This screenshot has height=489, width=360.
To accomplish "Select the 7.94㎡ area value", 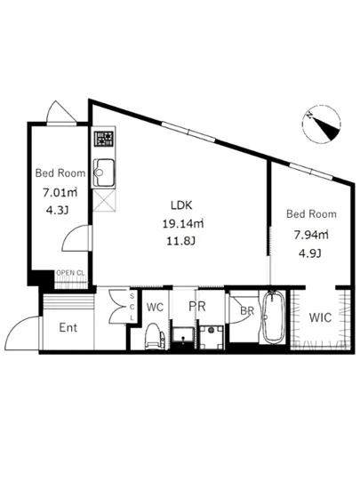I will click(x=310, y=235).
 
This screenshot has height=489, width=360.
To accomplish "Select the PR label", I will click(x=196, y=307).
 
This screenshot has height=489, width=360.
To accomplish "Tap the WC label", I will click(x=155, y=307).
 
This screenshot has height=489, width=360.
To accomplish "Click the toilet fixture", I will click(x=152, y=336).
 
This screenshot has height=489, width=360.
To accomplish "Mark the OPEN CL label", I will click(x=69, y=273).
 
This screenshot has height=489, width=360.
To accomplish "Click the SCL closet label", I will click(x=132, y=307).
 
